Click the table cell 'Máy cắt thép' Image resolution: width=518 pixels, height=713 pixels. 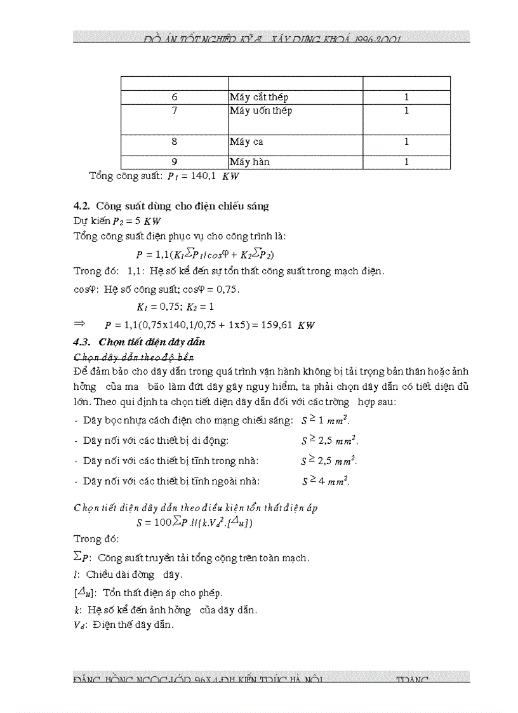click(x=259, y=98)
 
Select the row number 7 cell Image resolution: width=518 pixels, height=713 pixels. click(x=175, y=110)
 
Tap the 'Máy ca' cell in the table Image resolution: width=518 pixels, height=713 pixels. click(x=246, y=142)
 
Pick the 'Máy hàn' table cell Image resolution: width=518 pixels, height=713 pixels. click(x=249, y=162)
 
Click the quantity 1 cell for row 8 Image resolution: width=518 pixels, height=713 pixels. click(x=406, y=142)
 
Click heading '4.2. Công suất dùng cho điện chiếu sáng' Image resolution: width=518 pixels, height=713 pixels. click(x=171, y=206)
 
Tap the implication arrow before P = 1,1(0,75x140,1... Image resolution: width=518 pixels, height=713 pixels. click(x=79, y=323)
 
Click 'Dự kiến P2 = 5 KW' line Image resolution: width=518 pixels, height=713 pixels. click(x=117, y=221)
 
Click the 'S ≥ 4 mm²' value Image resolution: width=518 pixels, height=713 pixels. click(x=326, y=481)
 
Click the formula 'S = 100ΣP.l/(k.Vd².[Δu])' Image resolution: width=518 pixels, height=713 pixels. click(x=195, y=523)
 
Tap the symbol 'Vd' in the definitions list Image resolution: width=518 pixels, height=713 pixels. click(x=80, y=625)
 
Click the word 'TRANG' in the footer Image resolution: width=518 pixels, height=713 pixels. click(x=413, y=680)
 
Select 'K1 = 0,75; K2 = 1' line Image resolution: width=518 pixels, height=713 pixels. click(x=166, y=307)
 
